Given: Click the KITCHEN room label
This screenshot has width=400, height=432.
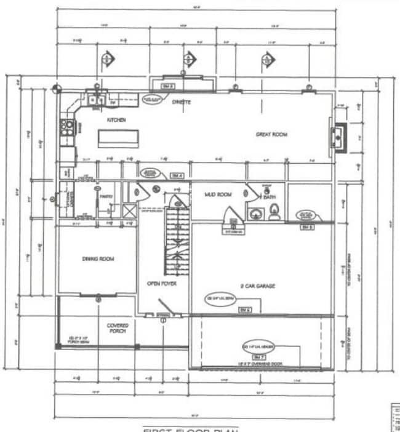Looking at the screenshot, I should click(x=116, y=120).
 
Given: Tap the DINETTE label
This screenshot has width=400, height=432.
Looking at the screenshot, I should click(x=181, y=102).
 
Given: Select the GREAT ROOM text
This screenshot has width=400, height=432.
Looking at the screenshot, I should click(x=271, y=134).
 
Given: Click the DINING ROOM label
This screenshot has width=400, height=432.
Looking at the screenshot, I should click(x=98, y=259).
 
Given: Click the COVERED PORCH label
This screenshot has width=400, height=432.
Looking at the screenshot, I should click(x=117, y=328).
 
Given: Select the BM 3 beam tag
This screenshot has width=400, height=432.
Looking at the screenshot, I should click(x=168, y=86).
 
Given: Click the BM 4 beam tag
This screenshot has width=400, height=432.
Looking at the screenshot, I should click(x=177, y=175).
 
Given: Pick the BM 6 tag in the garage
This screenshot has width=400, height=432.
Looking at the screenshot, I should click(x=244, y=309).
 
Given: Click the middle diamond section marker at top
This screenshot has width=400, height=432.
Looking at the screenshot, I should click(x=188, y=60).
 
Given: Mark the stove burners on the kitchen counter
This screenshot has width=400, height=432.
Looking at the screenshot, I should click(x=66, y=127).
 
